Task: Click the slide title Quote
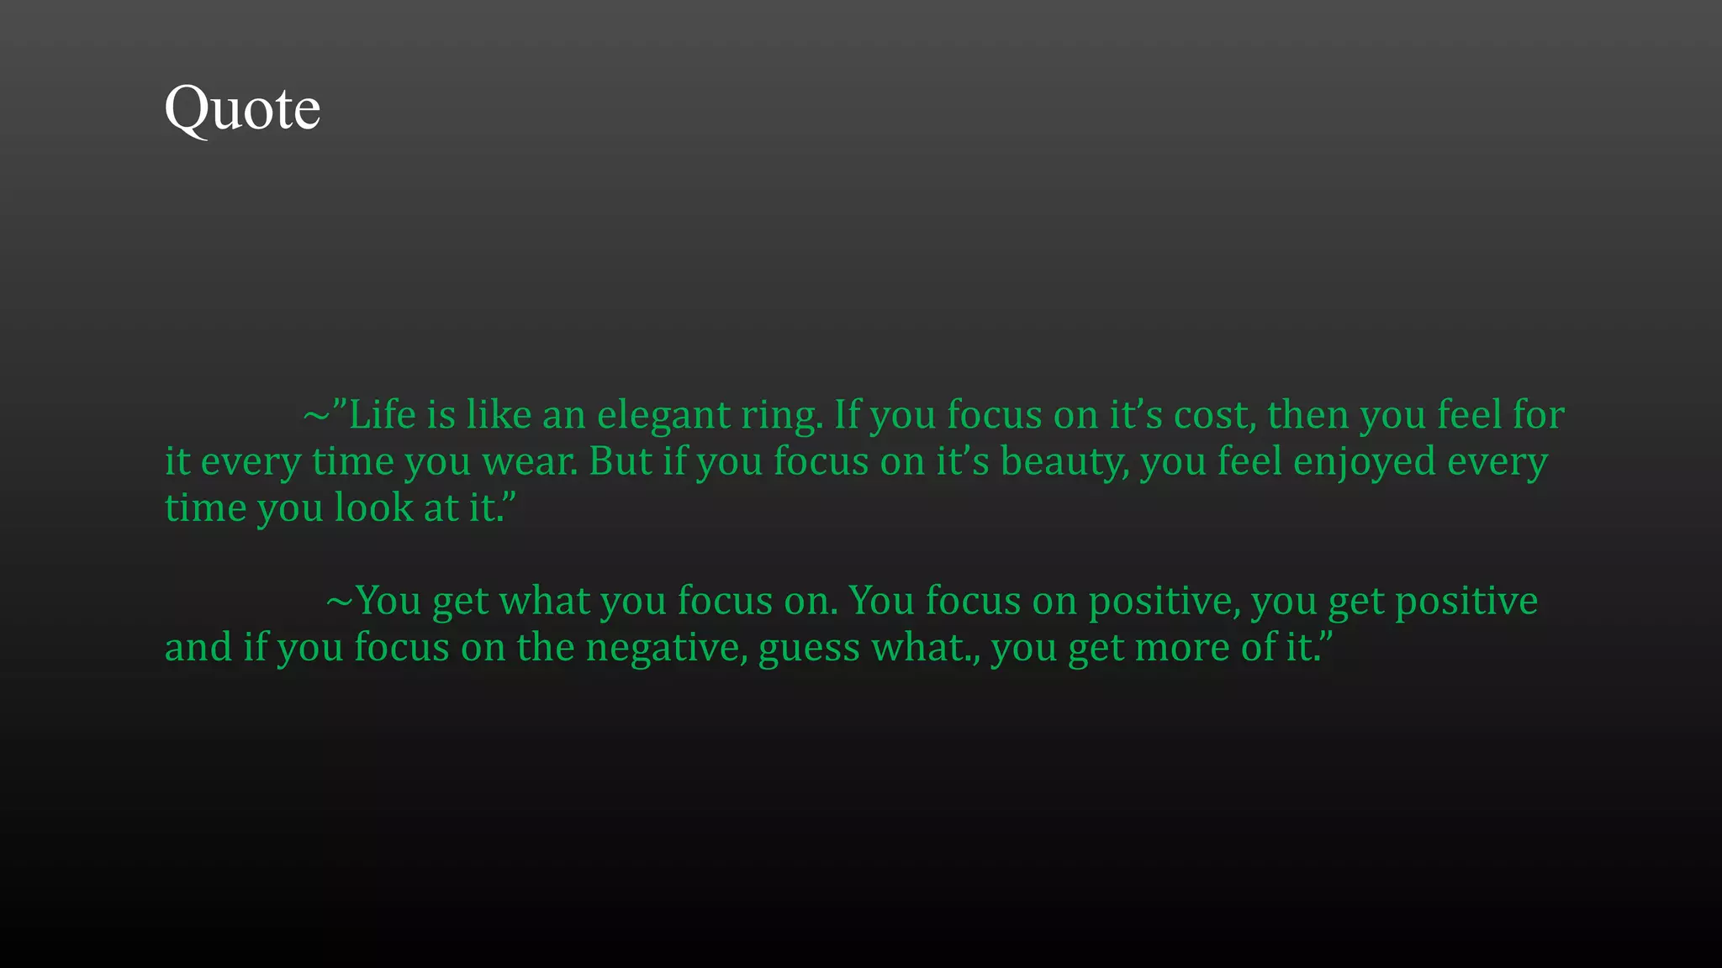point(242,109)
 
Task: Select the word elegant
point(663,415)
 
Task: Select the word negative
point(666,648)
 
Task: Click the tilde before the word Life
point(316,415)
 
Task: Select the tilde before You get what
point(339,601)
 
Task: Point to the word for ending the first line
point(1538,415)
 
